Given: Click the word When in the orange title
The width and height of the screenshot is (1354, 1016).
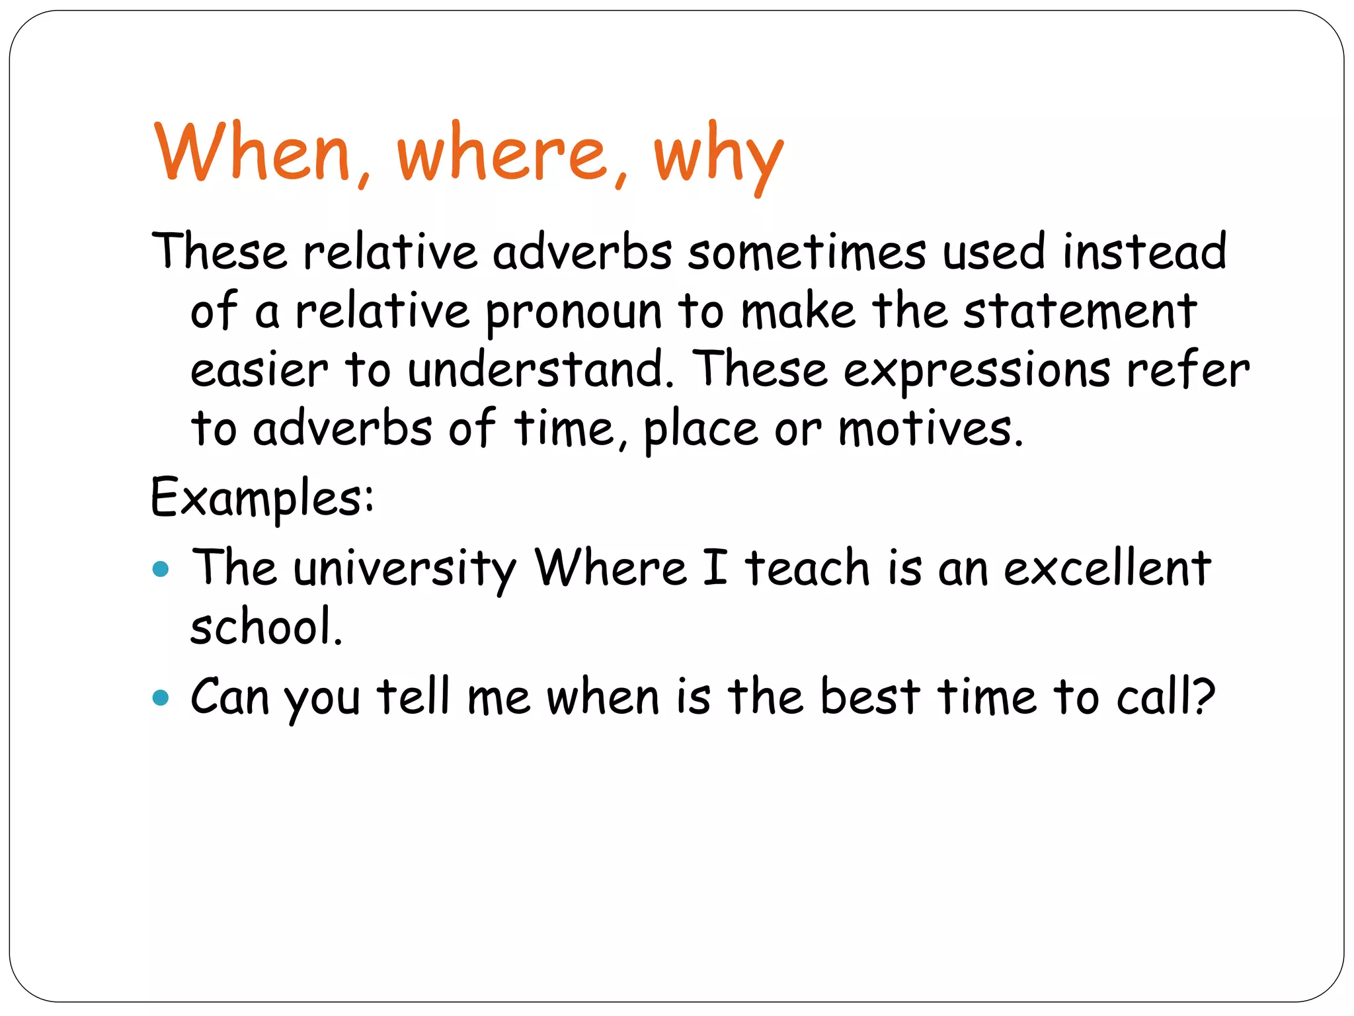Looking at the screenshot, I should (x=252, y=153).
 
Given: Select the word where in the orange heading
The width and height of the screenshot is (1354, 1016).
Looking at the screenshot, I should (x=502, y=153).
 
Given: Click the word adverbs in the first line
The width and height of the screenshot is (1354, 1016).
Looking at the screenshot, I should (x=582, y=252).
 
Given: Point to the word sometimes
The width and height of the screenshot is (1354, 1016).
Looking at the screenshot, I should (x=807, y=252).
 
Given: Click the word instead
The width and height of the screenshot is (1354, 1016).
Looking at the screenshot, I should (x=1144, y=252).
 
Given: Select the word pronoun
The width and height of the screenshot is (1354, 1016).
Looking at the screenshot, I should (x=574, y=313).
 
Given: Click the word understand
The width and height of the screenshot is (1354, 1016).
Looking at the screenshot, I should (x=536, y=370).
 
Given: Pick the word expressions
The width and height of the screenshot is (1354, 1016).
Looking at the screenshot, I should (x=977, y=371).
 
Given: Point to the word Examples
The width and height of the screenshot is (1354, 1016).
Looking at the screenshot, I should (x=262, y=498).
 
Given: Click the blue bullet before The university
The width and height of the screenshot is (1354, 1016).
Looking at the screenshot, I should (x=161, y=569).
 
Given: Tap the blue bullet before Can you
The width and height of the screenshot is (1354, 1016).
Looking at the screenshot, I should (x=161, y=698).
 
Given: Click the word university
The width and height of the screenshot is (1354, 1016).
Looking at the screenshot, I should (x=404, y=569).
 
